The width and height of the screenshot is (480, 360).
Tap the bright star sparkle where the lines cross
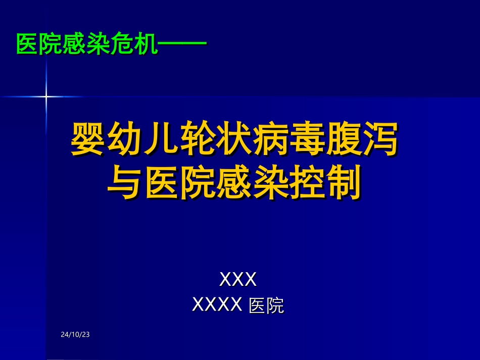pyautogui.click(x=46, y=96)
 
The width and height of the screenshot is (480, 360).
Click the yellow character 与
pyautogui.click(x=124, y=183)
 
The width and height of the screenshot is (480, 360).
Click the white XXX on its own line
pyautogui.click(x=238, y=279)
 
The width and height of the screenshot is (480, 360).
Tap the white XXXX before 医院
pyautogui.click(x=218, y=304)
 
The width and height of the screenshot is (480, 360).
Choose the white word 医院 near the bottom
pyautogui.click(x=267, y=306)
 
